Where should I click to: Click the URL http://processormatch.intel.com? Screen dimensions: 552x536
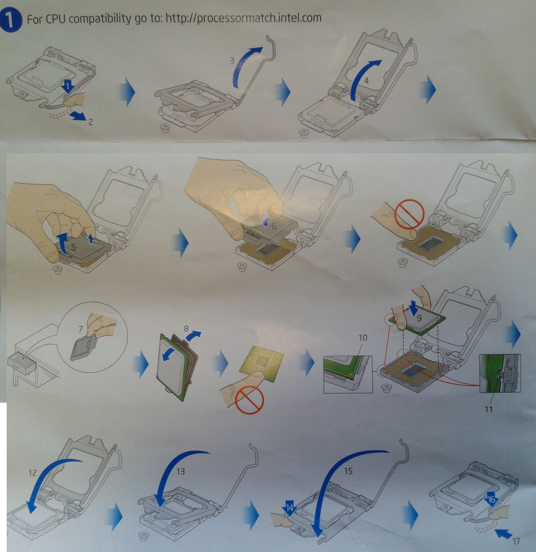[243, 18]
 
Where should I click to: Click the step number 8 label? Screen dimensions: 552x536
[186, 328]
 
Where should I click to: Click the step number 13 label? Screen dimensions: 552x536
[181, 471]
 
